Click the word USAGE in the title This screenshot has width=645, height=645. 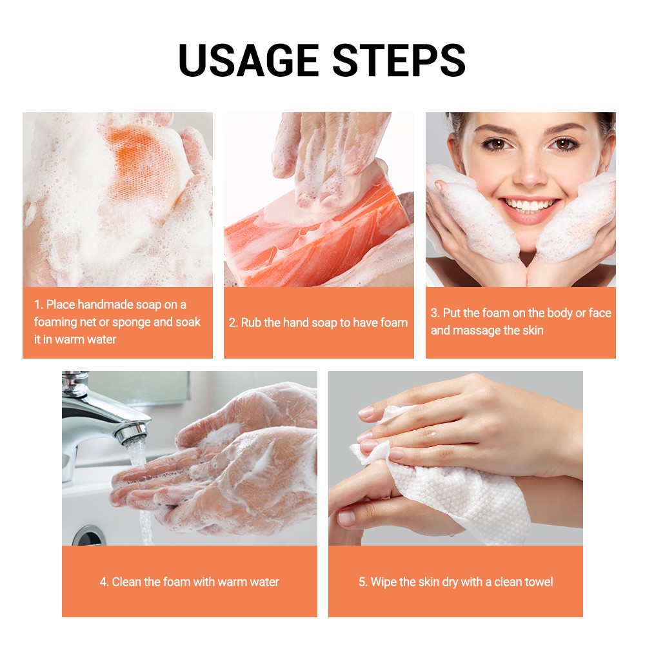[x=249, y=60]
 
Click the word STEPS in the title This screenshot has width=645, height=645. [x=399, y=60]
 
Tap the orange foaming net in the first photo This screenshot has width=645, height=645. [x=143, y=164]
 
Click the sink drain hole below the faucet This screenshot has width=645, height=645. [x=87, y=536]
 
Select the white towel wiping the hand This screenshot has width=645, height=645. [x=448, y=486]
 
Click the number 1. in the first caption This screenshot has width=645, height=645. [x=39, y=305]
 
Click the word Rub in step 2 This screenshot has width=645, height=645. [x=251, y=322]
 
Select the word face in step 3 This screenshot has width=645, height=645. [x=600, y=313]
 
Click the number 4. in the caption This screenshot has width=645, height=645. [x=104, y=582]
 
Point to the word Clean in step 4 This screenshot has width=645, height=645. [x=126, y=582]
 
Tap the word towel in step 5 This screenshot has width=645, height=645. [x=538, y=582]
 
